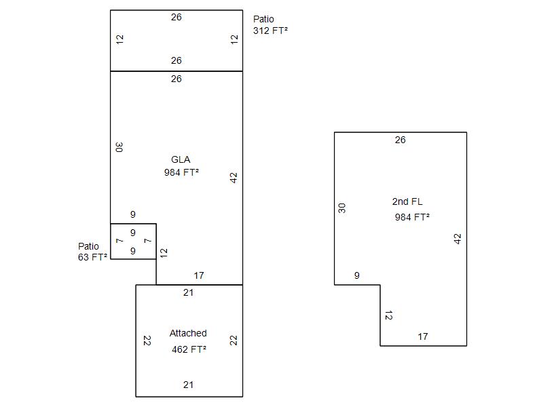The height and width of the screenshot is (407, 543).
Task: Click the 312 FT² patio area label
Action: coord(270,31)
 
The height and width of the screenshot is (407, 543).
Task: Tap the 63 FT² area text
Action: coord(92,257)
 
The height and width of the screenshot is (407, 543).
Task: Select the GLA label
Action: coord(181,159)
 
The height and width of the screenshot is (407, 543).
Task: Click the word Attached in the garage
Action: coord(188,333)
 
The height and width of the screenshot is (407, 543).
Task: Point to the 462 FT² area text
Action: coord(189,349)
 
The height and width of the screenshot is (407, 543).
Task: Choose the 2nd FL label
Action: coord(407,201)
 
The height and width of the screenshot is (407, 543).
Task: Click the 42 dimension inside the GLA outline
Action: coord(233,178)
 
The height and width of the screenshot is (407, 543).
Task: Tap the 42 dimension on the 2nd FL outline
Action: coord(457,239)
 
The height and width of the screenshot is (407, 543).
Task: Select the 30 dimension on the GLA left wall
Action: coord(119,147)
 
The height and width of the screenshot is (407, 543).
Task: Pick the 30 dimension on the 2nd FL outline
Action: coord(342,208)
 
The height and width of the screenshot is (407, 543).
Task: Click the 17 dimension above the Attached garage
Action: coord(199,275)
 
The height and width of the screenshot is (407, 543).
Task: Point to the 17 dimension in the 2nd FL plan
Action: coord(423,336)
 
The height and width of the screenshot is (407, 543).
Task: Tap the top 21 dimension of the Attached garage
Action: coord(189,292)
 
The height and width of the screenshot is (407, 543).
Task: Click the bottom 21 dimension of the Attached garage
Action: coord(189,385)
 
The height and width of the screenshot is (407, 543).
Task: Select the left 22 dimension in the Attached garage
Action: coord(146,341)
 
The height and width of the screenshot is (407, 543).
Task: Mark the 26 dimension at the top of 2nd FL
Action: coord(400,140)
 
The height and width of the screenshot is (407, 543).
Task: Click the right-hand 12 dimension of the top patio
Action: coord(234,39)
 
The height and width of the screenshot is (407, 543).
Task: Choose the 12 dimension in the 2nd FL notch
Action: coord(388,315)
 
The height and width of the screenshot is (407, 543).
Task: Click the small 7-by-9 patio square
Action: coord(133,241)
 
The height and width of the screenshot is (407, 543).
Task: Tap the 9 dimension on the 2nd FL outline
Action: coord(357,275)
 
